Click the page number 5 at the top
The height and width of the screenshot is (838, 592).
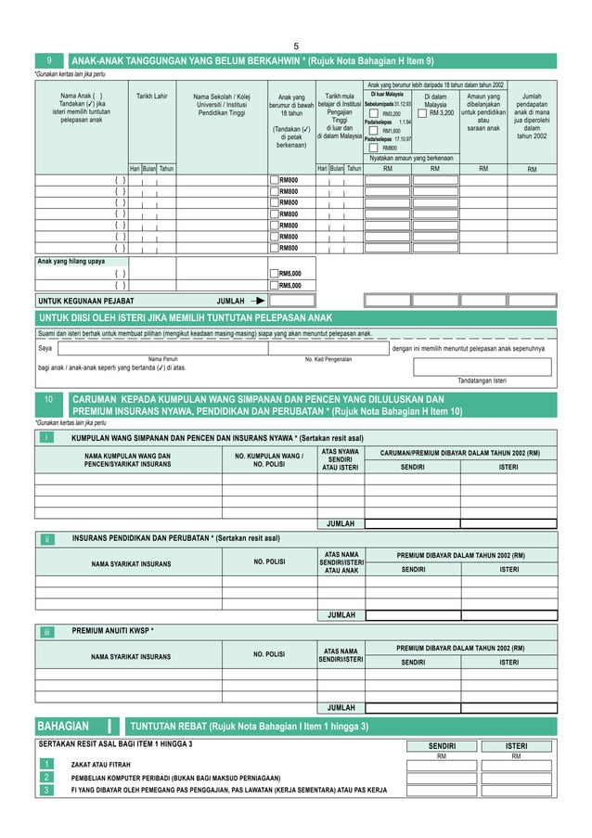point(296,46)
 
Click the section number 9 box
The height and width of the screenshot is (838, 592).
point(49,61)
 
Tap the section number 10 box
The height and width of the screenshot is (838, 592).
point(49,400)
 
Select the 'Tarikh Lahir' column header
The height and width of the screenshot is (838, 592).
point(151,97)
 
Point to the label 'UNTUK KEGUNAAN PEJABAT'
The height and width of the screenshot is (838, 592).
point(86,302)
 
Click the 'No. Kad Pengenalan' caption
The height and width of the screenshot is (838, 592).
point(328,358)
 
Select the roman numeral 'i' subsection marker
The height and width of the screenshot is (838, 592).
point(47,437)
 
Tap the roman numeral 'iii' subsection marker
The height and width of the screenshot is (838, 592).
point(47,631)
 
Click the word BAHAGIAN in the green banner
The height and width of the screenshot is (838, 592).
point(63,726)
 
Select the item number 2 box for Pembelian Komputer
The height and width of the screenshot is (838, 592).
point(45,777)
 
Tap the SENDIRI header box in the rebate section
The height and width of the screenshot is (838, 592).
point(442,745)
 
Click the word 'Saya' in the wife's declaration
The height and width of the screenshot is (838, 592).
point(45,349)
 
